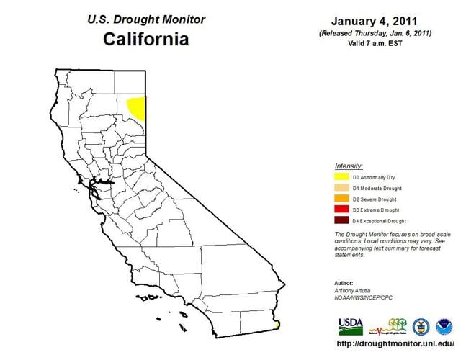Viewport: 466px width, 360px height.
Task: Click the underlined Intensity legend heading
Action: click(349, 166)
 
